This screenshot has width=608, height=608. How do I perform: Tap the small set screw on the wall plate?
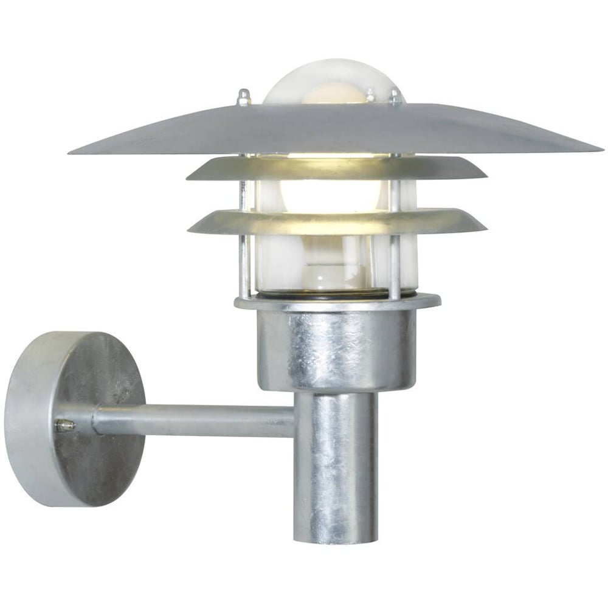[x=64, y=426]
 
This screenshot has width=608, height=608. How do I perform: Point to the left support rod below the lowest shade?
[x=244, y=264]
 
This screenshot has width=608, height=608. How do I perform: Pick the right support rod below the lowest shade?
[x=395, y=264]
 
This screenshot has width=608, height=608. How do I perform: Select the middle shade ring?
[x=337, y=167]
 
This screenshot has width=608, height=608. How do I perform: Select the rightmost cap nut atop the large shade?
[x=395, y=97]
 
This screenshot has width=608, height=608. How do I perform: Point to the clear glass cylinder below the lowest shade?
[x=328, y=261]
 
